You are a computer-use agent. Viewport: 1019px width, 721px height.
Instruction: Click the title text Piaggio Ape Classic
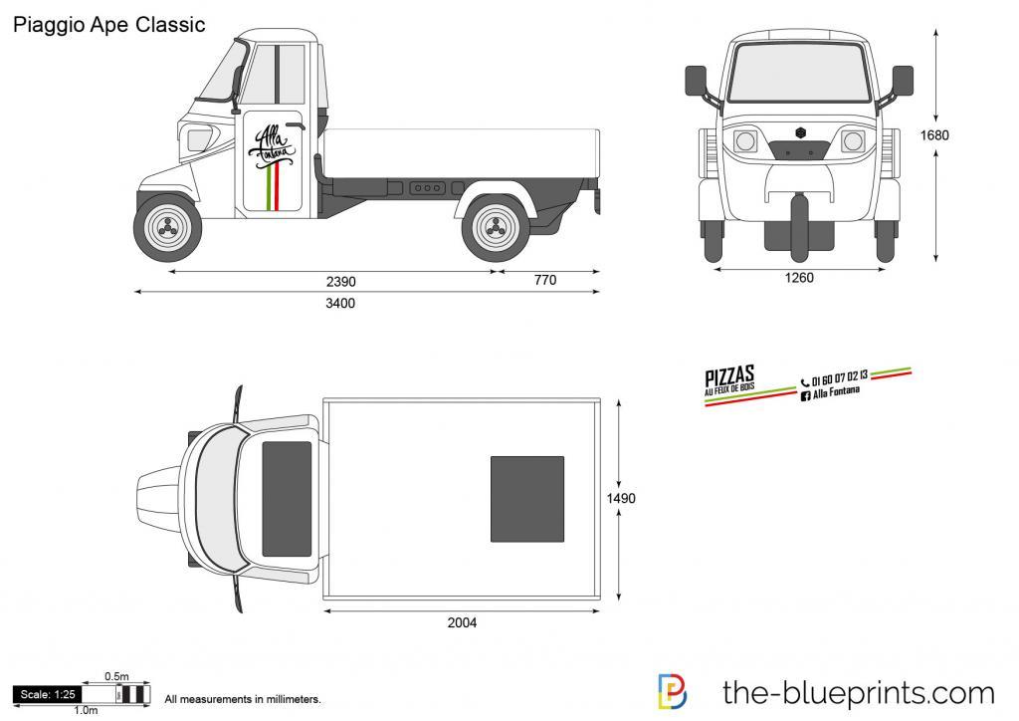pos(109,25)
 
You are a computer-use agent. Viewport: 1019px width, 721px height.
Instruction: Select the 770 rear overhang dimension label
pos(545,281)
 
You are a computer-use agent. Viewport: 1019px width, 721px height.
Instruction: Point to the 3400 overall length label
pos(340,304)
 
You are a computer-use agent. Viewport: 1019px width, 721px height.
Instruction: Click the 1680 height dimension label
pos(934,135)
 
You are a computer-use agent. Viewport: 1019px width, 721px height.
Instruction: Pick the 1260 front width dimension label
pos(799,278)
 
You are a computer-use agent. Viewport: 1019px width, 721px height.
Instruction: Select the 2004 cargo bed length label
pos(463,623)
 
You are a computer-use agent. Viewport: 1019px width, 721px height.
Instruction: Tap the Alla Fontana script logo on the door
pos(273,146)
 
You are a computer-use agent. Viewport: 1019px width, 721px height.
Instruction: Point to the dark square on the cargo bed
pos(527,499)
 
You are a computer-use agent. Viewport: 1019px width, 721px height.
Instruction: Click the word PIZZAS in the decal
pos(729,375)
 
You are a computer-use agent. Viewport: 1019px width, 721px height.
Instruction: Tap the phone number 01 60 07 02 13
pos(840,377)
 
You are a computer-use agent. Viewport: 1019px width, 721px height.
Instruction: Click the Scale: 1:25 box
pos(47,694)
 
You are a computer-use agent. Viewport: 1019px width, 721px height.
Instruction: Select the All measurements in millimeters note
pos(242,701)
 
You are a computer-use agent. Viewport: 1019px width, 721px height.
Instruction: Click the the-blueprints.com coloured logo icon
pos(674,692)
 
